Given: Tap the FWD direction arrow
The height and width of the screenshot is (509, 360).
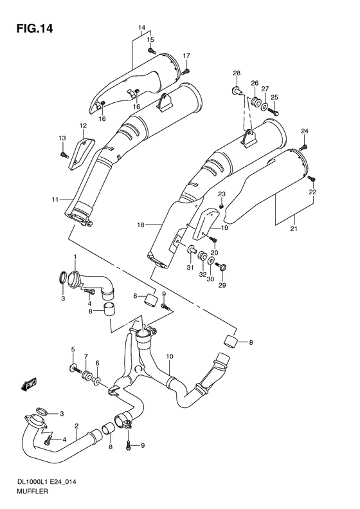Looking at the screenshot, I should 29,385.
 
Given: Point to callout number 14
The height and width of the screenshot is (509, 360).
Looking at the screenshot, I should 142,27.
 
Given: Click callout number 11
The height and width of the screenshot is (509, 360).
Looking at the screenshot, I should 55,199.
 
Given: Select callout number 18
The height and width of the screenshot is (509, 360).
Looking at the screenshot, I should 140,225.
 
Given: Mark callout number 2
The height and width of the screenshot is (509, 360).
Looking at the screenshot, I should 76,426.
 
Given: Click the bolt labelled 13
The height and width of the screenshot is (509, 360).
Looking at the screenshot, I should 64,153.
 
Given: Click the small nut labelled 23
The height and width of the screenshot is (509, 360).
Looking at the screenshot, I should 221,205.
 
